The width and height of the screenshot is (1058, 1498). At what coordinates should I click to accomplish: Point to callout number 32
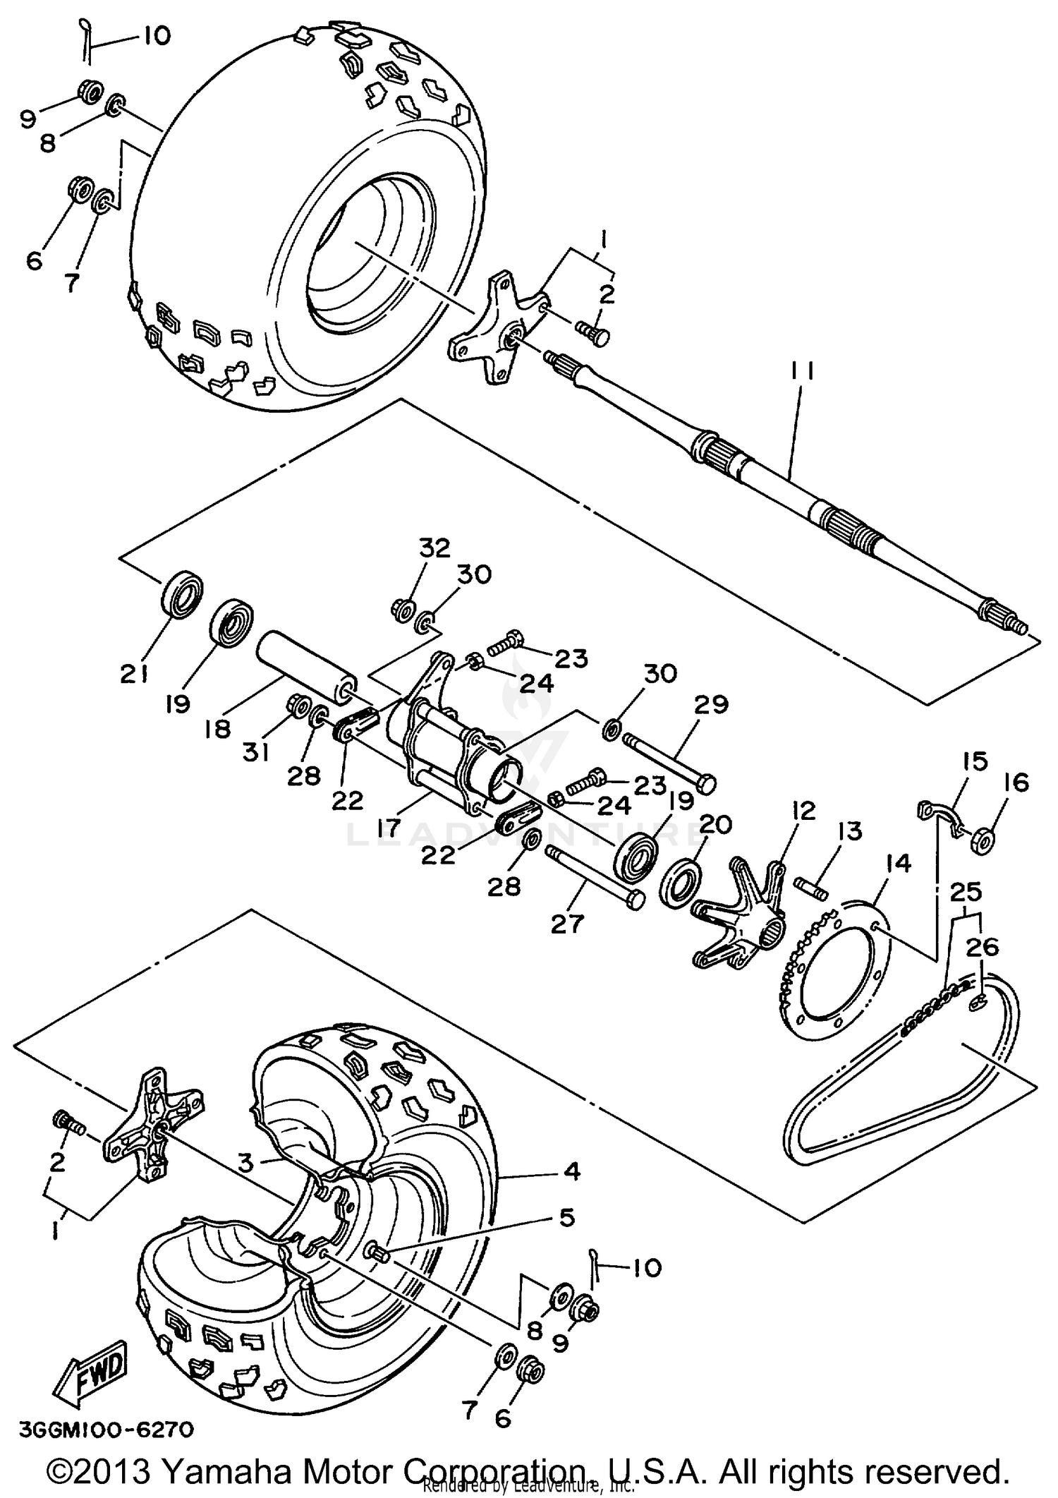434,548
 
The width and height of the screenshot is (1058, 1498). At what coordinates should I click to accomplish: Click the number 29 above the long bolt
711,704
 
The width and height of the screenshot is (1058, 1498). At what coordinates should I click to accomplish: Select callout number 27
568,924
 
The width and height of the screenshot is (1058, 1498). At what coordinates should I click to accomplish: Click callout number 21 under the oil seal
133,675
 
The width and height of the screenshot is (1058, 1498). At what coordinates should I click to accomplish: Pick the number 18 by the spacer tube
217,729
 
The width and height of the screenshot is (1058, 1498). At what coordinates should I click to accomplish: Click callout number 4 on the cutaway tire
572,1171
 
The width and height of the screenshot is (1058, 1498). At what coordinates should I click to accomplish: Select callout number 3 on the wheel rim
244,1163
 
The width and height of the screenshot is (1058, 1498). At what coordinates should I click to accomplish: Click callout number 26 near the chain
983,948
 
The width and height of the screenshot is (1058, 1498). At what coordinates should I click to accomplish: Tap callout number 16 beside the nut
1014,783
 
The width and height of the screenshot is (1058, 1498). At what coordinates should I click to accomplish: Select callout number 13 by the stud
850,832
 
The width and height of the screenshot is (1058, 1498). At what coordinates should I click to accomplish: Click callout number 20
715,824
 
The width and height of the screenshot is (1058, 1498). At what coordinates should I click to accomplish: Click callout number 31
256,754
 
